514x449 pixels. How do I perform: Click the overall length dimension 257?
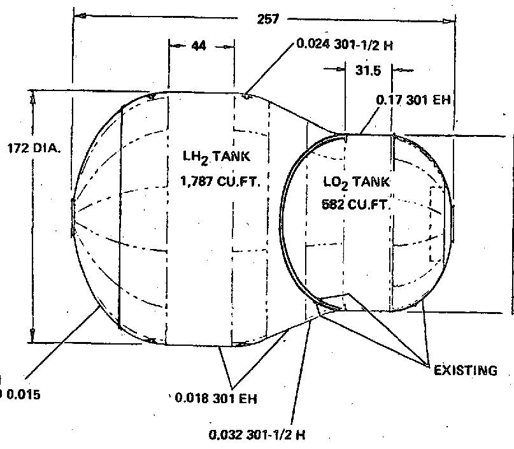click(x=268, y=20)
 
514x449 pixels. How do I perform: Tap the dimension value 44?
click(x=198, y=46)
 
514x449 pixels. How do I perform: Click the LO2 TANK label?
click(x=355, y=183)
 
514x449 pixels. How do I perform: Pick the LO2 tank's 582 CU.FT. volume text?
click(x=355, y=205)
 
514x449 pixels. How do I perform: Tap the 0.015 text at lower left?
click(x=22, y=394)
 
